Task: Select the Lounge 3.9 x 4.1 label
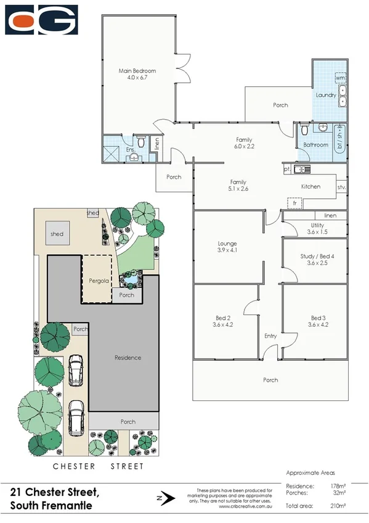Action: [x=227, y=247]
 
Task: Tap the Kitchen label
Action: [x=310, y=186]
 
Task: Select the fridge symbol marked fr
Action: [x=294, y=202]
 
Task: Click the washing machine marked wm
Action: [x=340, y=78]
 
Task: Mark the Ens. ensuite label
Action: [x=131, y=149]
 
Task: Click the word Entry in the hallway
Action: [x=270, y=336]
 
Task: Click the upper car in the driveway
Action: [x=75, y=370]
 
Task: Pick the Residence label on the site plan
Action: [x=128, y=357]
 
